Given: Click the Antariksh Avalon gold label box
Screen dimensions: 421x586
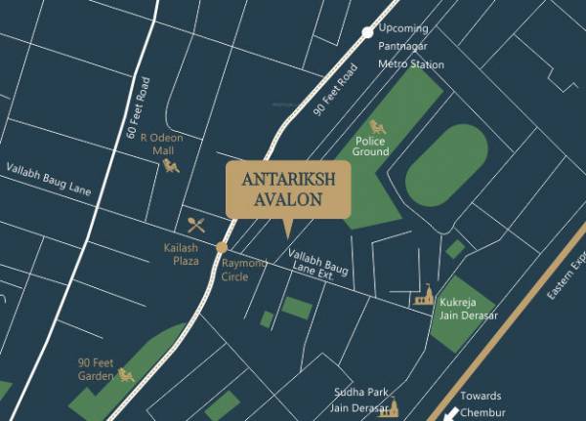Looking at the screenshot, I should pos(288,189).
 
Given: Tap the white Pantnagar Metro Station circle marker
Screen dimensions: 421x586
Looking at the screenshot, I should pos(367,32).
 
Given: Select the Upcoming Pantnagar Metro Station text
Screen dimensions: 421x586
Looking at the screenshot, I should pos(410,47).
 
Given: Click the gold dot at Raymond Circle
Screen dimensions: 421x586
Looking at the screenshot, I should pos(223,247).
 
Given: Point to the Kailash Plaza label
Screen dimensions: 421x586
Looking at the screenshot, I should pos(180,254).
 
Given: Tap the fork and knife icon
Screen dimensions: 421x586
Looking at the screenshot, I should pos(196,224).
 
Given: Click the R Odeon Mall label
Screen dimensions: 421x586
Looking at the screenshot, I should pos(156,145).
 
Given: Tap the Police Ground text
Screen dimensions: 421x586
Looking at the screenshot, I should pos(371,147).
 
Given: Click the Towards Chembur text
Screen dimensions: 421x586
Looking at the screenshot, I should pos(481,403).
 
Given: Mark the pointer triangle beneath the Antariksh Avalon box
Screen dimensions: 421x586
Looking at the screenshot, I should pos(286,230).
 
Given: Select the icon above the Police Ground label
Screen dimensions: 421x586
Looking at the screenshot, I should pos(377,127).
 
